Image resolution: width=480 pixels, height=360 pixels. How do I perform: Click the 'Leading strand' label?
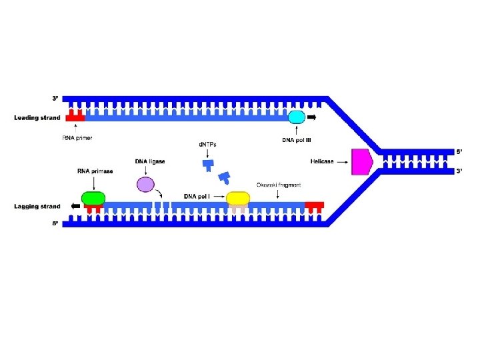click(x=37, y=118)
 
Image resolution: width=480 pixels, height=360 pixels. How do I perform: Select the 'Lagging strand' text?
click(x=37, y=207)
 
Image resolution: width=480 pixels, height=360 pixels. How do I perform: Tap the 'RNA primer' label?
click(x=77, y=138)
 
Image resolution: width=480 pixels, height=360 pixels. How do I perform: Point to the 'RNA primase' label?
click(x=93, y=171)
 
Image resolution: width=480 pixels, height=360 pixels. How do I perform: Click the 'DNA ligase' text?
click(x=150, y=161)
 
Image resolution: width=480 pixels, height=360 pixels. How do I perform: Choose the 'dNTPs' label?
click(x=209, y=144)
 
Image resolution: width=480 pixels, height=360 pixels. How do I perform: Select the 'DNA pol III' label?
click(x=297, y=140)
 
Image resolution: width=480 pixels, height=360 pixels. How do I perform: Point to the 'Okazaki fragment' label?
click(x=279, y=185)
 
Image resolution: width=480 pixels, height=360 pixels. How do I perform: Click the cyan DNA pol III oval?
click(x=296, y=118)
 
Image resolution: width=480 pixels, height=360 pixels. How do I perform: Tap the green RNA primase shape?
click(x=93, y=198)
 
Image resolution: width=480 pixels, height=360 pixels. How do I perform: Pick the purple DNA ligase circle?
click(x=145, y=185)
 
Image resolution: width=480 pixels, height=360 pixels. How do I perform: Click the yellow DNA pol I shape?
click(x=238, y=198)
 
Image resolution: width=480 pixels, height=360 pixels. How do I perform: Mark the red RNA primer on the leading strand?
click(x=75, y=117)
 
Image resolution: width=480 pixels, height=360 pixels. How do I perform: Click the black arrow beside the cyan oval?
click(x=312, y=118)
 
